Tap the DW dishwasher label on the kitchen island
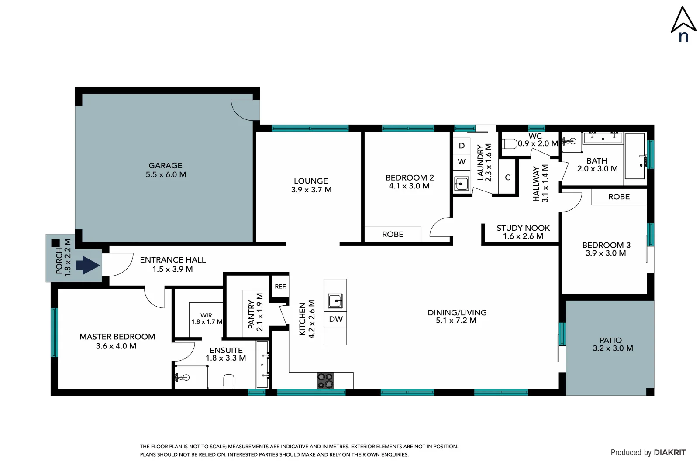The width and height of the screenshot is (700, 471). (x=335, y=319)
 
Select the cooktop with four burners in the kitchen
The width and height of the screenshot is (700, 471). (x=325, y=380)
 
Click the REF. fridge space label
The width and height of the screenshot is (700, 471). (x=280, y=287)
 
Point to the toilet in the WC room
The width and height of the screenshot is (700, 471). (x=510, y=143)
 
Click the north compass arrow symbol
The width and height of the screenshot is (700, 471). (x=683, y=20)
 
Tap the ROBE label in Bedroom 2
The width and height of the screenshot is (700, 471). (x=393, y=235)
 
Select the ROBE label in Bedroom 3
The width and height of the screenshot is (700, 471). (x=619, y=197)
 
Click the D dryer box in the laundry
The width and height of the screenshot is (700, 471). (x=462, y=146)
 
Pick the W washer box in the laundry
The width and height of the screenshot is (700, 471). (x=462, y=162)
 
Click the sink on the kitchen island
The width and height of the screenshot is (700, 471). (x=335, y=301)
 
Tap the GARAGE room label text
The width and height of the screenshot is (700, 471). (x=166, y=166)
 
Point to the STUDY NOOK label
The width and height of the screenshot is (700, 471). (x=523, y=228)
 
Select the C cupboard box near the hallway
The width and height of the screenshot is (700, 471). (x=507, y=177)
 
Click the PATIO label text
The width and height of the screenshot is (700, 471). (x=610, y=340)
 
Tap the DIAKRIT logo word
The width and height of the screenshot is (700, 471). (x=670, y=453)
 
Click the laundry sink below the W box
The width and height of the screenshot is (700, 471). (x=461, y=184)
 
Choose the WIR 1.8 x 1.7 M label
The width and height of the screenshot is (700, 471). (x=207, y=318)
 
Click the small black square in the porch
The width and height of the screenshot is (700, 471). (x=55, y=243)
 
